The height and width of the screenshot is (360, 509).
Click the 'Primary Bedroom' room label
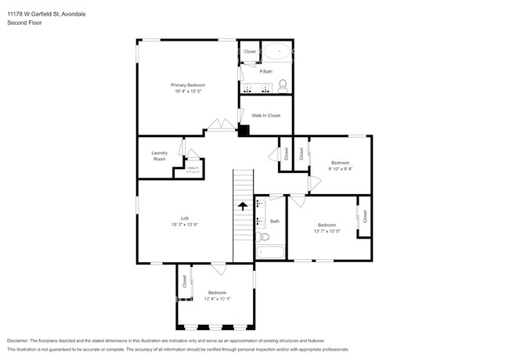(188, 85)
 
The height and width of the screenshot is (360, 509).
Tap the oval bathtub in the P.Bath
(276, 52)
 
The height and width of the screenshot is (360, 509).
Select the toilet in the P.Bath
(283, 84)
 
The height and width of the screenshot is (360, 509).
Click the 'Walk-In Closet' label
(266, 115)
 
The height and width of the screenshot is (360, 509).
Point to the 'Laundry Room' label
(159, 156)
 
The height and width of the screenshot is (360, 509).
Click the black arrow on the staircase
(243, 206)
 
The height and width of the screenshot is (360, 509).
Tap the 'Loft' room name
(185, 218)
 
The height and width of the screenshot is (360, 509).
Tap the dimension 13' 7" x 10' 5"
(326, 231)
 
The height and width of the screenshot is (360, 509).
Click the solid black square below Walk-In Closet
(244, 130)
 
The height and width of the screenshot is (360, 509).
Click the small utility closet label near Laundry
(193, 169)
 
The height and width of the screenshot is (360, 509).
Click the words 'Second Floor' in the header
(23, 23)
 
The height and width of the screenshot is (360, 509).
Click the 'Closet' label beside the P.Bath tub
(250, 52)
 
